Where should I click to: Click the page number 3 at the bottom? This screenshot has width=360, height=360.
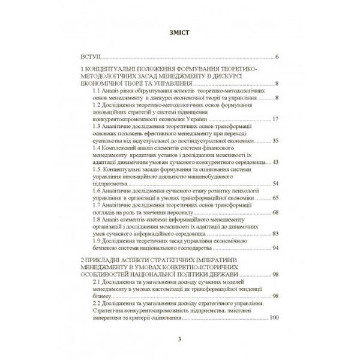coord(179,340)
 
